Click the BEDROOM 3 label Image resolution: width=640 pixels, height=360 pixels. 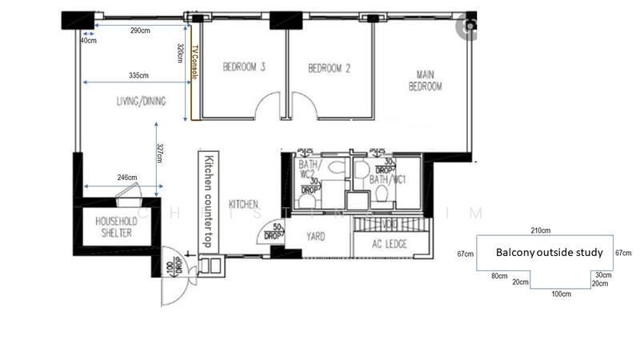[x=243, y=68]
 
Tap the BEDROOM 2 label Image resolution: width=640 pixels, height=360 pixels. [x=330, y=68]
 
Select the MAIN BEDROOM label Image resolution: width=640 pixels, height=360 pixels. [x=425, y=81]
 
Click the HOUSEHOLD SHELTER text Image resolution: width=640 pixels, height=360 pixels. [x=113, y=227]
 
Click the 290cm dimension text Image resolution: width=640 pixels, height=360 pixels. [x=140, y=30]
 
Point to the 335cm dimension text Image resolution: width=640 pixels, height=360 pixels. [x=138, y=75]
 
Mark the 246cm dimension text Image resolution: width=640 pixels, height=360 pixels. [x=126, y=178]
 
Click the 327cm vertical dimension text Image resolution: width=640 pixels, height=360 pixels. [x=161, y=153]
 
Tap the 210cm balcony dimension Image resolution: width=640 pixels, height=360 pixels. [x=544, y=230]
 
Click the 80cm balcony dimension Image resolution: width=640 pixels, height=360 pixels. [x=499, y=275]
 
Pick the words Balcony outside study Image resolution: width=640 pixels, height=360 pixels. [x=549, y=252]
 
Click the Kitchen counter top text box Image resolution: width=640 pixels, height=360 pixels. [x=207, y=201]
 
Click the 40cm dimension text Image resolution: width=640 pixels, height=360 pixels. [x=88, y=40]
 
